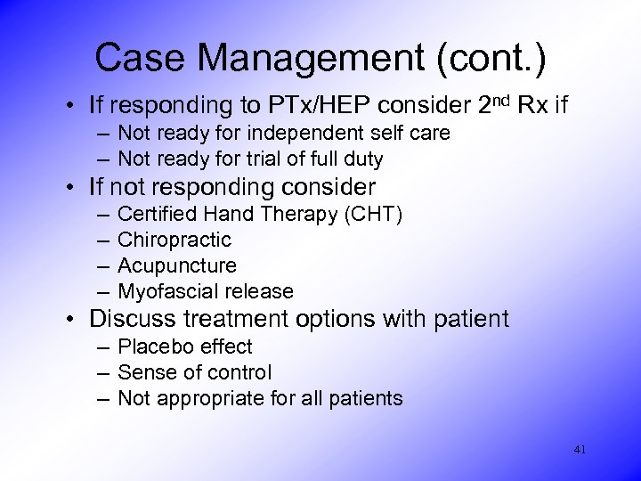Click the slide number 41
580,450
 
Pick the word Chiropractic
174,240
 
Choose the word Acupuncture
177,265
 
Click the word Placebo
152,346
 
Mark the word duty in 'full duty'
363,159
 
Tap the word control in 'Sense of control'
239,372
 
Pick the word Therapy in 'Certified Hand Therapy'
306,214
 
